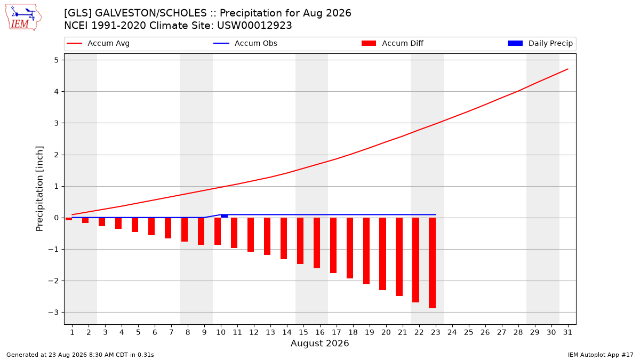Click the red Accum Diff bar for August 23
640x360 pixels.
tap(433, 263)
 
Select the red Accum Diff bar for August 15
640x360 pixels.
tap(300, 241)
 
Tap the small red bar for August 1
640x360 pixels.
tap(69, 219)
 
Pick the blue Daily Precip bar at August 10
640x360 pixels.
tap(225, 216)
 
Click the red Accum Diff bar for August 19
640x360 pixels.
tap(366, 251)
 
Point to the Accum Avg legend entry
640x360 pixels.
tap(98, 43)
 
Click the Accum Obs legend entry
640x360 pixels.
tap(245, 43)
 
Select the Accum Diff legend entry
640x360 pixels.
tap(393, 43)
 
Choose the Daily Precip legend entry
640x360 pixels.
tap(540, 43)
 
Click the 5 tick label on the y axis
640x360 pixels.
tap(56, 60)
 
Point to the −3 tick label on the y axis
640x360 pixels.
tap(53, 313)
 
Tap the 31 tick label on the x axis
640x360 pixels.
tap(567, 332)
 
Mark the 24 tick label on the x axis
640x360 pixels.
tap(452, 332)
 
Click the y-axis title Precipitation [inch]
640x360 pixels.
tap(39, 189)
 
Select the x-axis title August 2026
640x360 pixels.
tap(319, 343)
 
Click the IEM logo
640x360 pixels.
tap(23, 18)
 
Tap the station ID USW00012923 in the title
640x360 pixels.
tap(254, 26)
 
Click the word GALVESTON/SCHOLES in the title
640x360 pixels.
tap(150, 13)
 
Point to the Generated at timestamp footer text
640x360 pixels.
tap(80, 355)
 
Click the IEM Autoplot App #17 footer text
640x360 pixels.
tap(601, 355)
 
